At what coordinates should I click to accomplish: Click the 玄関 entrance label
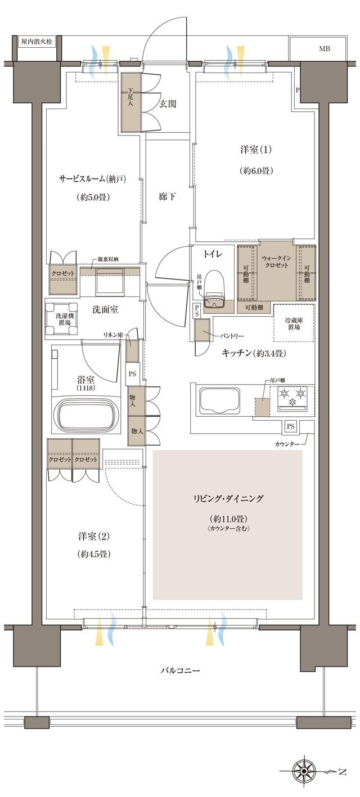click(x=168, y=103)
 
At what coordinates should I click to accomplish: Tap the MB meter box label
click(x=325, y=49)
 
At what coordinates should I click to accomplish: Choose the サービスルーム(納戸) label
click(x=92, y=179)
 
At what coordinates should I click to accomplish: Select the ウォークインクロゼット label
click(x=276, y=260)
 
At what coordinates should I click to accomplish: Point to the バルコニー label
click(x=180, y=670)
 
